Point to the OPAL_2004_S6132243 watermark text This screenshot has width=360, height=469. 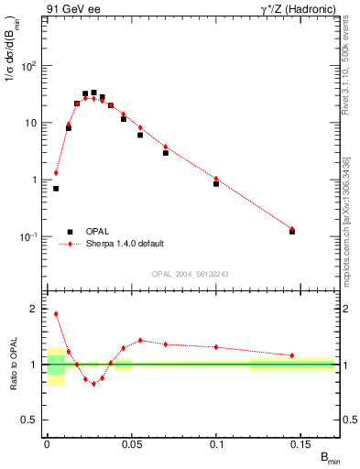pos(191,273)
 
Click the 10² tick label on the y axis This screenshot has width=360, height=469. pos(28,66)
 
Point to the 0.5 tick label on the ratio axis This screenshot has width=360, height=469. pos(28,420)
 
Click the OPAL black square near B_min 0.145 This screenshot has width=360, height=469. pos(292,231)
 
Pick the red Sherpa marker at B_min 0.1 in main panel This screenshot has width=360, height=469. pos(216,179)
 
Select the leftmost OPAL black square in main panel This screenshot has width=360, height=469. pos(56,189)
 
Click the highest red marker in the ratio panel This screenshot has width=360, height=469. pos(56,313)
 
